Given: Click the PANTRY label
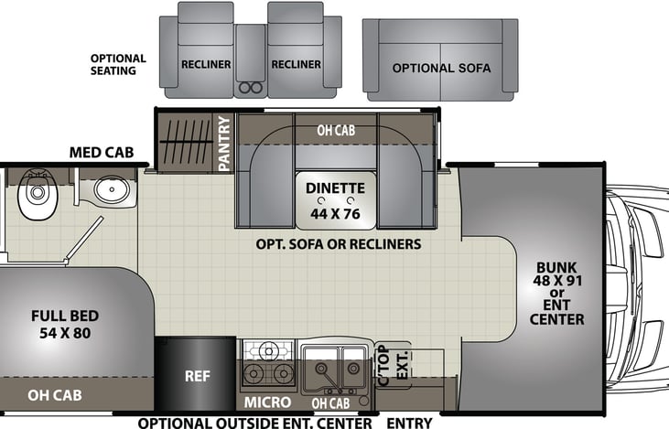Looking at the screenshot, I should (x=224, y=143).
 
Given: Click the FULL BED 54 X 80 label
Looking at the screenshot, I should (x=64, y=324).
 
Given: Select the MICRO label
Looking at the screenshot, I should (x=267, y=402).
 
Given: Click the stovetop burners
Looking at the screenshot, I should (x=269, y=363).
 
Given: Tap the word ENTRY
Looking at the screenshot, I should (x=409, y=424).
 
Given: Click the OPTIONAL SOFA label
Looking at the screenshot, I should (x=441, y=69).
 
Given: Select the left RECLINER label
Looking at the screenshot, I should (x=206, y=65).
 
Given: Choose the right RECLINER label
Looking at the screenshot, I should (x=296, y=65).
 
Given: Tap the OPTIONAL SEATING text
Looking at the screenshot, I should (x=119, y=64).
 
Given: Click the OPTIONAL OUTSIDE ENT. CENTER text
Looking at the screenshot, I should (x=255, y=424).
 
